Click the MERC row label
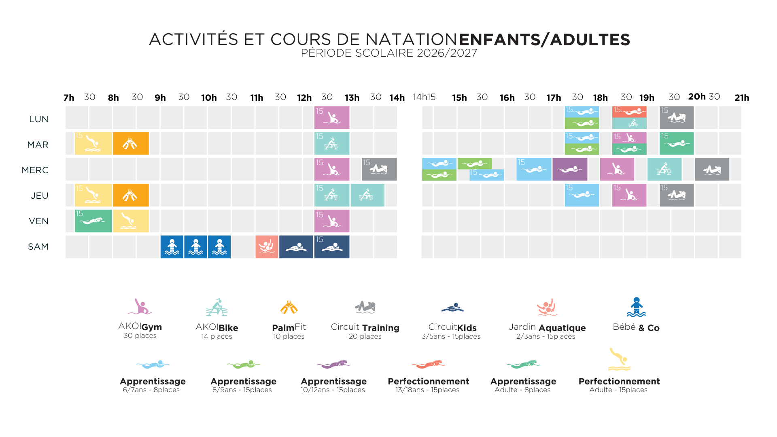click(35, 170)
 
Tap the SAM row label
click(38, 247)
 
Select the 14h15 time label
click(424, 97)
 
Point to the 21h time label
click(742, 98)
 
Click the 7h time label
click(69, 98)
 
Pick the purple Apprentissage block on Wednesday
click(570, 169)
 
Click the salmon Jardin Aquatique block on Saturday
click(267, 247)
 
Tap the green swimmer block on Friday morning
click(93, 221)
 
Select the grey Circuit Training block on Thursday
click(677, 195)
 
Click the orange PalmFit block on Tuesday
click(131, 143)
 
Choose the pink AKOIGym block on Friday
click(332, 221)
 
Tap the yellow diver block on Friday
click(131, 221)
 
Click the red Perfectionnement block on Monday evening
click(629, 112)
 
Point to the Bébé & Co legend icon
click(636, 308)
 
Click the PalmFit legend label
click(289, 327)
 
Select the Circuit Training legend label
click(365, 327)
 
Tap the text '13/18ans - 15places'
click(427, 390)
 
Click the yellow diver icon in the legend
click(619, 359)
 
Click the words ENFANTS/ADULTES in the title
click(544, 40)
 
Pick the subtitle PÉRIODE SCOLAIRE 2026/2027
click(389, 53)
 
